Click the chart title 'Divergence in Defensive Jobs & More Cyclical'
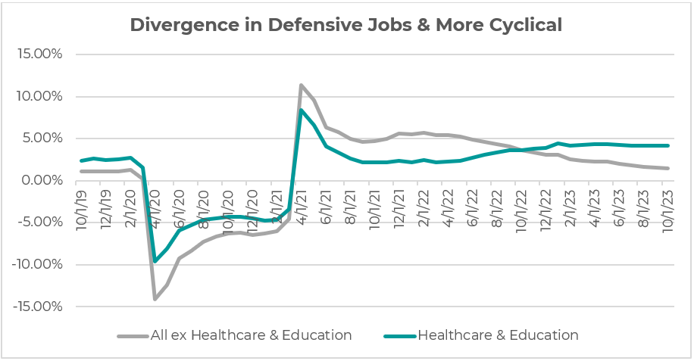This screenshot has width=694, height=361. click(346, 25)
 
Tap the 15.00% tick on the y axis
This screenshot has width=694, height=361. click(39, 54)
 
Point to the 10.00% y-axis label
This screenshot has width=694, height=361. click(39, 97)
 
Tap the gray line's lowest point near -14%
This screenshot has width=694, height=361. click(155, 299)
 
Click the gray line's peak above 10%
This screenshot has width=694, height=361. click(302, 86)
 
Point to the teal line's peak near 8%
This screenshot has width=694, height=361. click(302, 110)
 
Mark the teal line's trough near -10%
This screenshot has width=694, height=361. click(155, 261)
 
